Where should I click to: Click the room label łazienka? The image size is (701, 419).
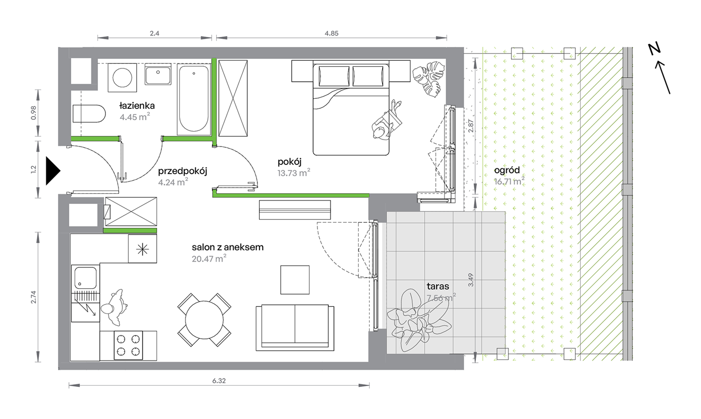click(x=137, y=106)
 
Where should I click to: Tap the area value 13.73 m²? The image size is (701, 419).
click(x=294, y=173)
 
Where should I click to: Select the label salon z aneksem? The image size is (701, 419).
click(x=228, y=247)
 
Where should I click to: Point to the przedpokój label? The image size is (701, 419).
click(x=183, y=171)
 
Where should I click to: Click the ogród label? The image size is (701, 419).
click(x=507, y=170)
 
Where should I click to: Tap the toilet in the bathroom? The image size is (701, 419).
click(x=89, y=114)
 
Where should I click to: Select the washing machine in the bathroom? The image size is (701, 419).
click(x=122, y=78)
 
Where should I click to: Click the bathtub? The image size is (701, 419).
click(x=194, y=99)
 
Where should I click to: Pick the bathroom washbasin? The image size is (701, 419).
click(x=158, y=75)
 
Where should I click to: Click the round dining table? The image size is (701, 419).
click(x=204, y=320)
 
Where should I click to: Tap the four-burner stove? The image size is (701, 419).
click(x=128, y=345)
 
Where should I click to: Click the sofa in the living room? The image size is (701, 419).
click(x=295, y=328)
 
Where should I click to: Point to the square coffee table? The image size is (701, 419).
click(x=295, y=280)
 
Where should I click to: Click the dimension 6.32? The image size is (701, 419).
click(x=219, y=381)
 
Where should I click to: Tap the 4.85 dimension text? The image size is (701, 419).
click(x=331, y=34)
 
